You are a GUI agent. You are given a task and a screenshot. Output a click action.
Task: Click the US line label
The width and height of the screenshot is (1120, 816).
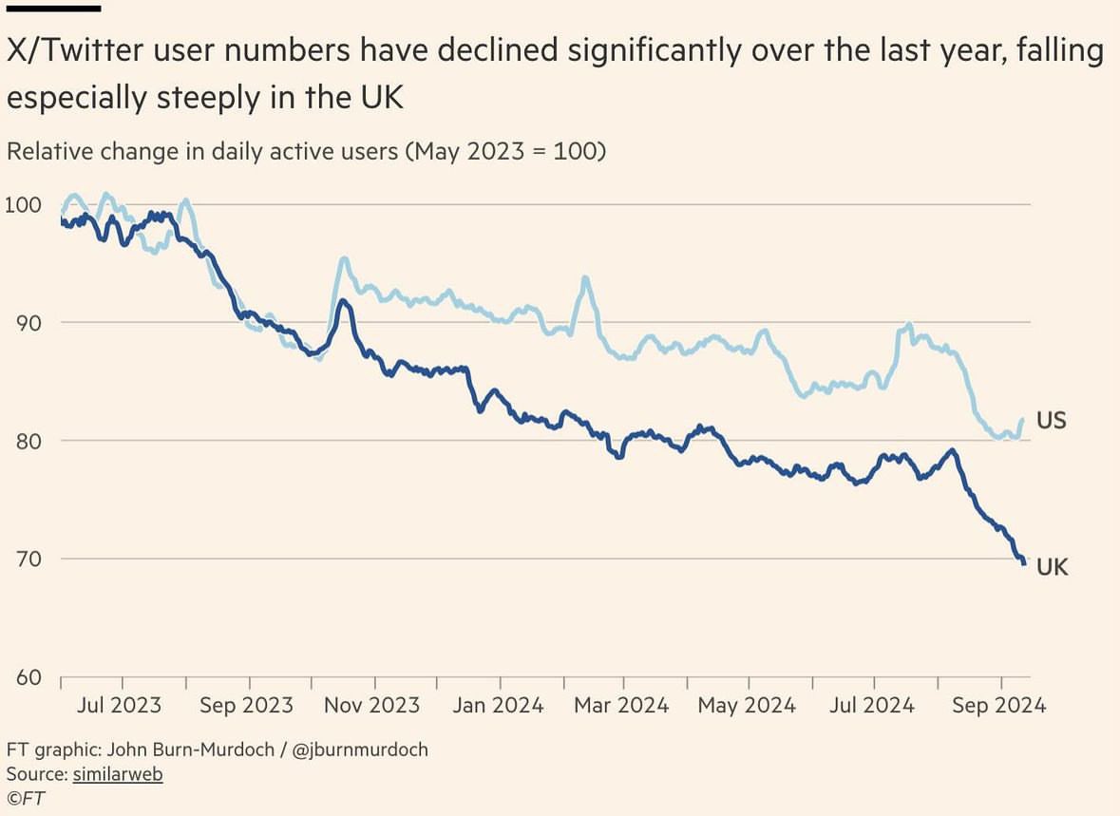point(1051,420)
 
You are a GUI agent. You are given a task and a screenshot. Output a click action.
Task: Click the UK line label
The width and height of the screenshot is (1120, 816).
point(1052,567)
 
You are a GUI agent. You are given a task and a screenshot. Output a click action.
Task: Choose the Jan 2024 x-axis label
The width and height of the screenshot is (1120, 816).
point(499,706)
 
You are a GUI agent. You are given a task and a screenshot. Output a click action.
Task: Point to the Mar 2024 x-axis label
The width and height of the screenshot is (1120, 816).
point(623,706)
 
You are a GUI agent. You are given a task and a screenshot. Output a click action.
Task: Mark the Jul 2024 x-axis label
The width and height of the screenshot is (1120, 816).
point(873,706)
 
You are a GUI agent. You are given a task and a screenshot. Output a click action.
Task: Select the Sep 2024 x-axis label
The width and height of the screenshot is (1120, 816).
point(999,706)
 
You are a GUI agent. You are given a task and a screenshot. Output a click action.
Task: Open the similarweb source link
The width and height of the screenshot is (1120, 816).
point(118,774)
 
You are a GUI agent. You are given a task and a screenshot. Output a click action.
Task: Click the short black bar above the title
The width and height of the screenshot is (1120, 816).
point(53,9)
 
